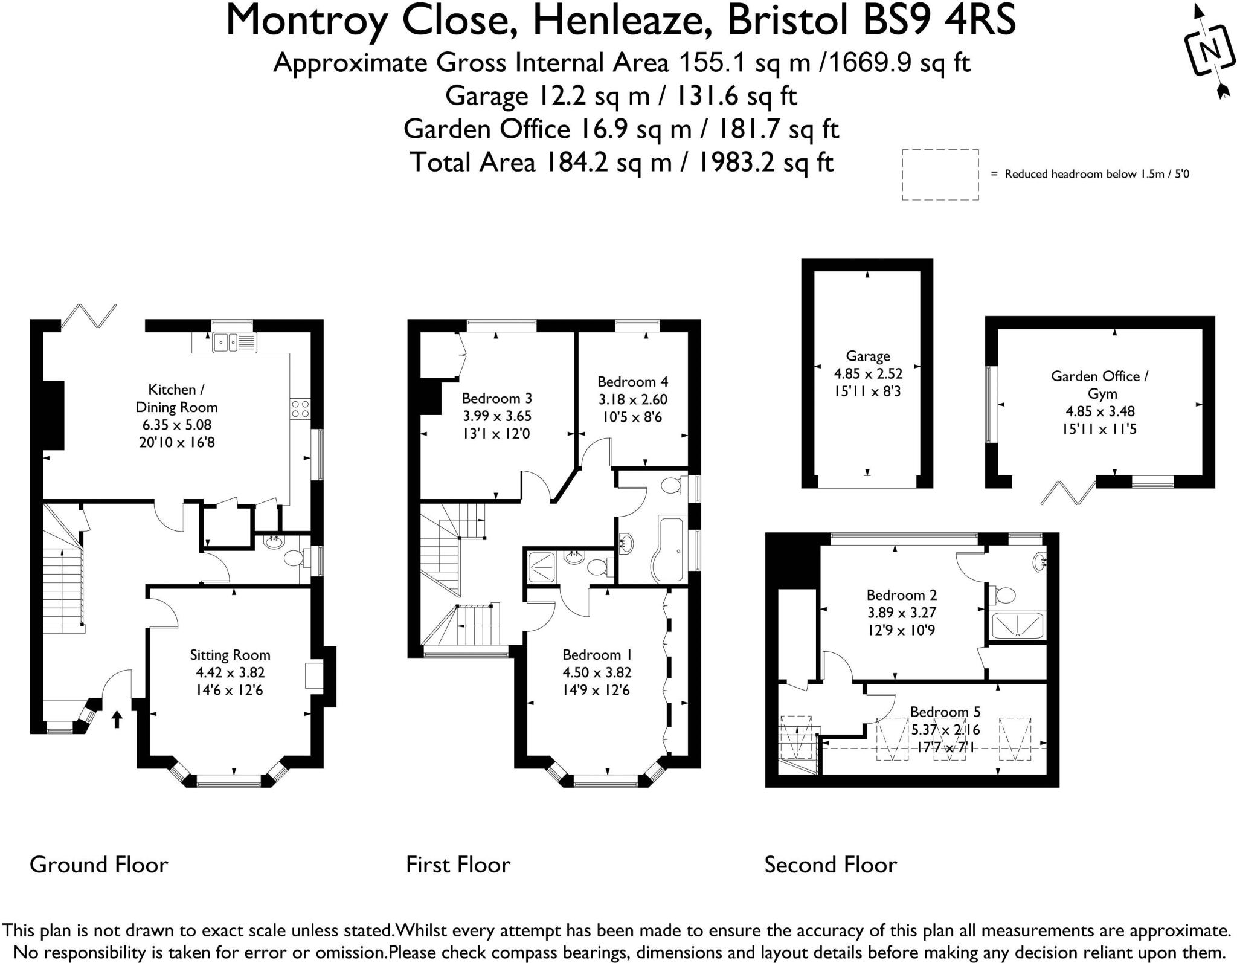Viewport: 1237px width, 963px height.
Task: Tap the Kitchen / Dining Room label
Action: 176,398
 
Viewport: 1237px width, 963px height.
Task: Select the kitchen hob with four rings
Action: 300,409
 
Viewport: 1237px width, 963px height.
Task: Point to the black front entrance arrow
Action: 117,719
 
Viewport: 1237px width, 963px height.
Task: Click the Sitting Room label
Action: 230,655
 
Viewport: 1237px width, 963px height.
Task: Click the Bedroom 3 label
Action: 496,398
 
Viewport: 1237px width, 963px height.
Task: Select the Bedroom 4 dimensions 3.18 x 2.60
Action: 632,399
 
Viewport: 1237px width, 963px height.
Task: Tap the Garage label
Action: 867,356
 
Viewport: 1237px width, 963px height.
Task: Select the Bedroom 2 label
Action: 901,595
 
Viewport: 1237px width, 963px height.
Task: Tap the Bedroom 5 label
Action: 945,712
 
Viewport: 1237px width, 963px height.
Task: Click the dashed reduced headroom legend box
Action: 940,175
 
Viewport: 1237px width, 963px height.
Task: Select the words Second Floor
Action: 831,865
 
